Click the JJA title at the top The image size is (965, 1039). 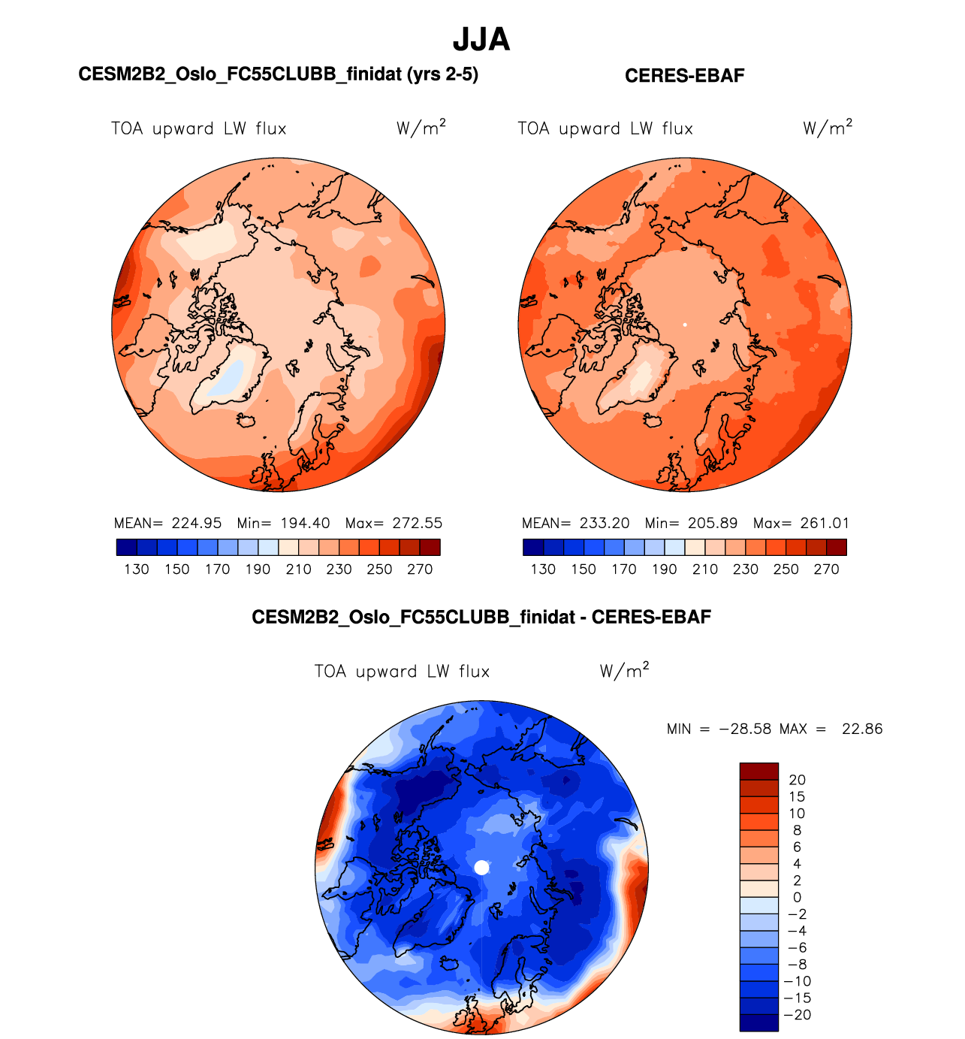click(481, 40)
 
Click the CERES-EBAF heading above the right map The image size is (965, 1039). click(684, 76)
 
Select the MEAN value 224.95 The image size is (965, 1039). click(196, 523)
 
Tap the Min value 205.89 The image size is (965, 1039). click(713, 523)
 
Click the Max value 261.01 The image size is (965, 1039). click(825, 523)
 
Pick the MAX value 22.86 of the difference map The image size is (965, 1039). click(862, 729)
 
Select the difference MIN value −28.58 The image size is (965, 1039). click(744, 729)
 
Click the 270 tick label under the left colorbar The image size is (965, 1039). click(420, 569)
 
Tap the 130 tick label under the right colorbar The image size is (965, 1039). click(543, 569)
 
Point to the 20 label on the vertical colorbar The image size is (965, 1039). click(797, 780)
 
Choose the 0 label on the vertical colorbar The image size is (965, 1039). click(797, 897)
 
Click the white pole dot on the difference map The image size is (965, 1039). click(482, 868)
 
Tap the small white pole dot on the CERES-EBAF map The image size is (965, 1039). click(685, 325)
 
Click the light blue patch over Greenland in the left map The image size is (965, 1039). click(230, 376)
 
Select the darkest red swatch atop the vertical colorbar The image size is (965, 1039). click(758, 771)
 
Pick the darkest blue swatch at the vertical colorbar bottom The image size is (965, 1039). click(758, 1022)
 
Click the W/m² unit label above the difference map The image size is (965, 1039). click(624, 670)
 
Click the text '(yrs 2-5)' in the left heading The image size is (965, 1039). click(442, 74)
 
